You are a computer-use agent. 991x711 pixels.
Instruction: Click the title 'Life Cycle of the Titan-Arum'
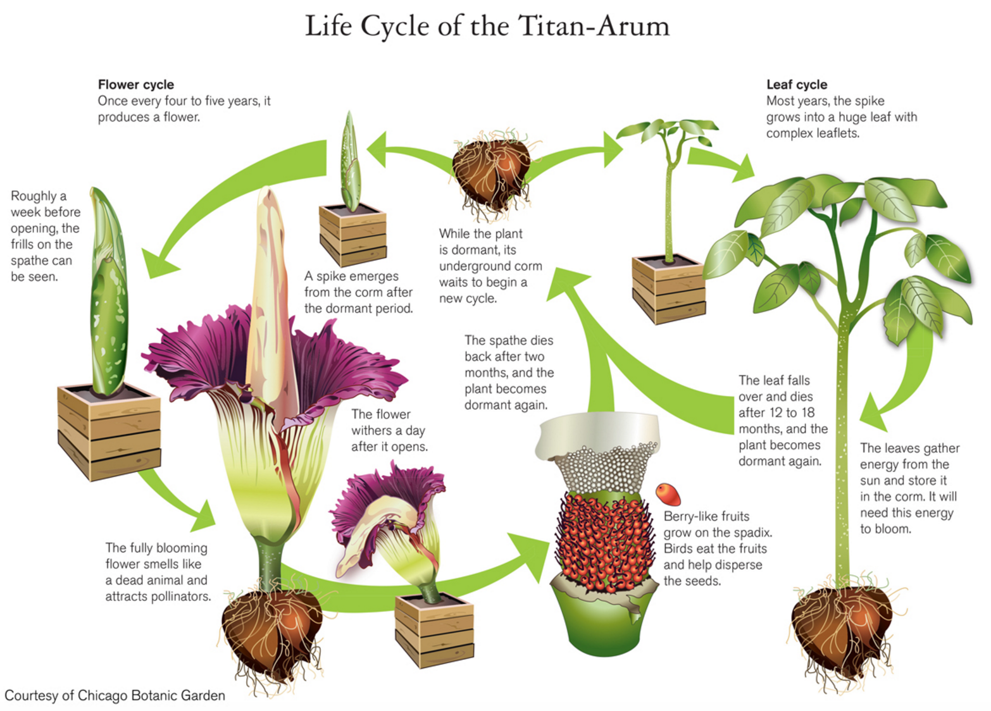tap(487, 27)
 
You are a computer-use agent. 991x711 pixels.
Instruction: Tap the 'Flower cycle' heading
tap(135, 85)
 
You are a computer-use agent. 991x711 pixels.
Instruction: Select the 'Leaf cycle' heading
tap(796, 85)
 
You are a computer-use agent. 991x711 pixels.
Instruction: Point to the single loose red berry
tap(668, 493)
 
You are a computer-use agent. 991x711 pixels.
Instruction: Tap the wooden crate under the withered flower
tap(435, 629)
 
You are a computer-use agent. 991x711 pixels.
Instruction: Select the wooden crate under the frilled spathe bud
tap(109, 430)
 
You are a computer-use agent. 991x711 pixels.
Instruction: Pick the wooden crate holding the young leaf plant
tap(669, 288)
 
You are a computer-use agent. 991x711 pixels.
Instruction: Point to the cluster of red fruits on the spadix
tap(604, 541)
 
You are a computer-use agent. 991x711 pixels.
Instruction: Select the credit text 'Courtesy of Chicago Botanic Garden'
tap(115, 696)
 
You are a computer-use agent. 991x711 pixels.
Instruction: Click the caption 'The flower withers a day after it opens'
tap(389, 430)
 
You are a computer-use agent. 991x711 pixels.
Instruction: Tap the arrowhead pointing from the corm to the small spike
tap(378, 150)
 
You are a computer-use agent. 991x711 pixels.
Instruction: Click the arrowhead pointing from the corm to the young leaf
tap(612, 149)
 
